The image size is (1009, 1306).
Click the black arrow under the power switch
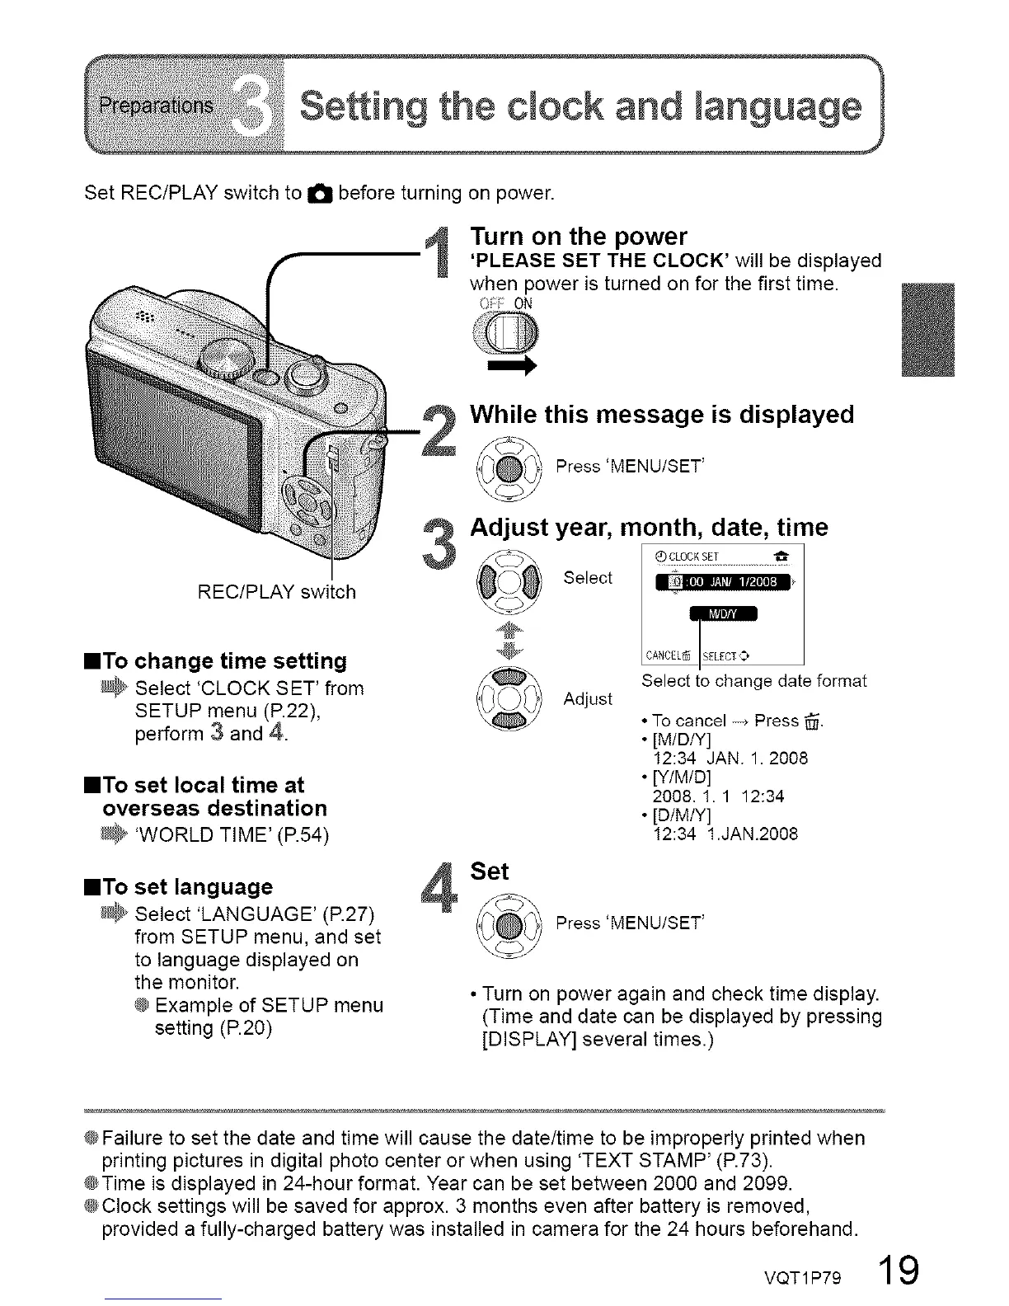click(512, 367)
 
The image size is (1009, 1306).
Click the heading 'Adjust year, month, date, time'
click(649, 527)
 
